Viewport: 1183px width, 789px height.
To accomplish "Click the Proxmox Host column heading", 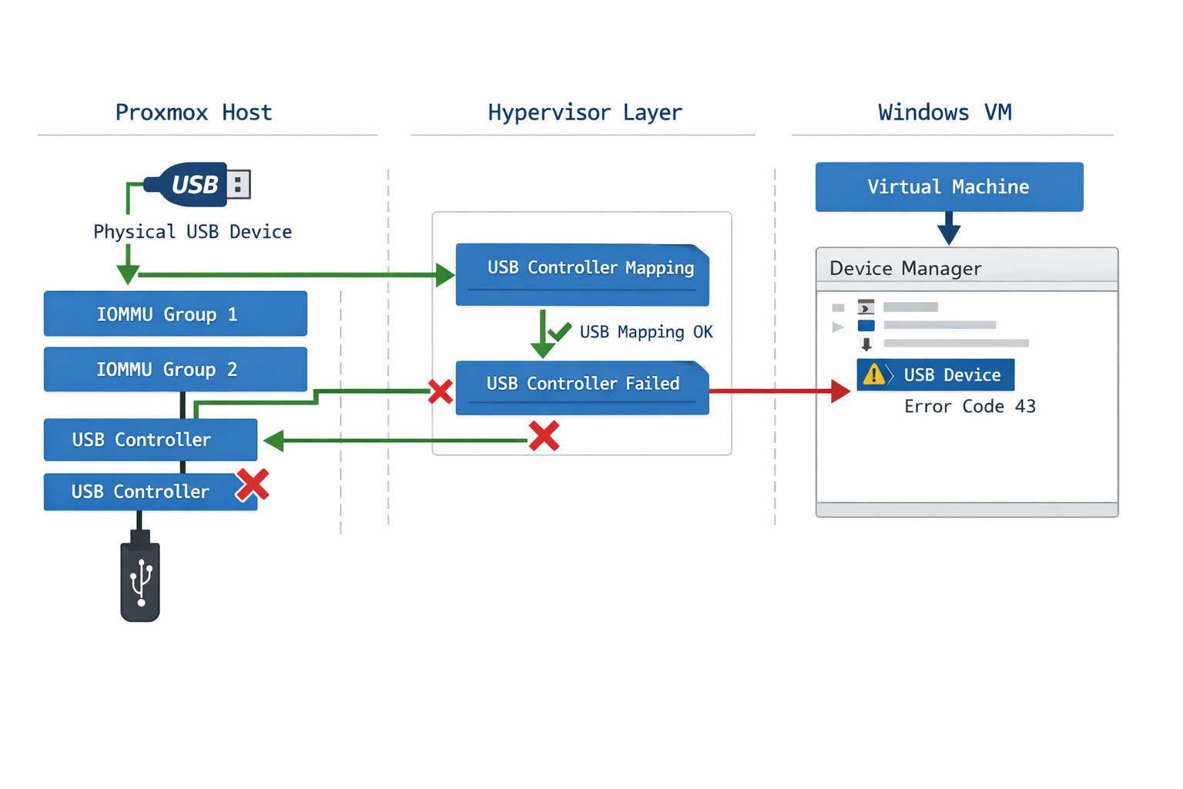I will tap(193, 112).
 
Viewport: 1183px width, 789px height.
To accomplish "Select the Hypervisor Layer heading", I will tap(585, 112).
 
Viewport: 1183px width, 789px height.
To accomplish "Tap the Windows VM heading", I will tap(944, 112).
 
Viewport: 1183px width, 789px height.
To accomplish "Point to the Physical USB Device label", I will tap(193, 232).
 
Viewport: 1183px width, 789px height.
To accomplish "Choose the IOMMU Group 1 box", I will tap(175, 314).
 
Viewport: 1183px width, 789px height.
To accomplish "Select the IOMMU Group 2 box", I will tap(175, 369).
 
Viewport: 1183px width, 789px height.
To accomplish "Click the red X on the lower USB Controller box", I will tap(253, 485).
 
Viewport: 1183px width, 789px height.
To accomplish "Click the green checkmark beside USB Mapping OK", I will tap(561, 331).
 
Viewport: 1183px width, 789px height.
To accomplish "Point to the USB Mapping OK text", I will tap(645, 332).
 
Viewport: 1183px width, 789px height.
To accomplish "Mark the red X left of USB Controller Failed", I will tap(441, 391).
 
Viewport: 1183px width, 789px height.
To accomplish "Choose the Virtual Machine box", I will tap(949, 186).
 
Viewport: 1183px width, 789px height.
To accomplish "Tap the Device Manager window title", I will tap(905, 268).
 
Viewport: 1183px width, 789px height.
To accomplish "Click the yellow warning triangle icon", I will tap(874, 375).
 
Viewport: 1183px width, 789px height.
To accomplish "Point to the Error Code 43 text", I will tap(970, 406).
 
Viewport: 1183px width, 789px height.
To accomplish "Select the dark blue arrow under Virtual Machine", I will tap(949, 230).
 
